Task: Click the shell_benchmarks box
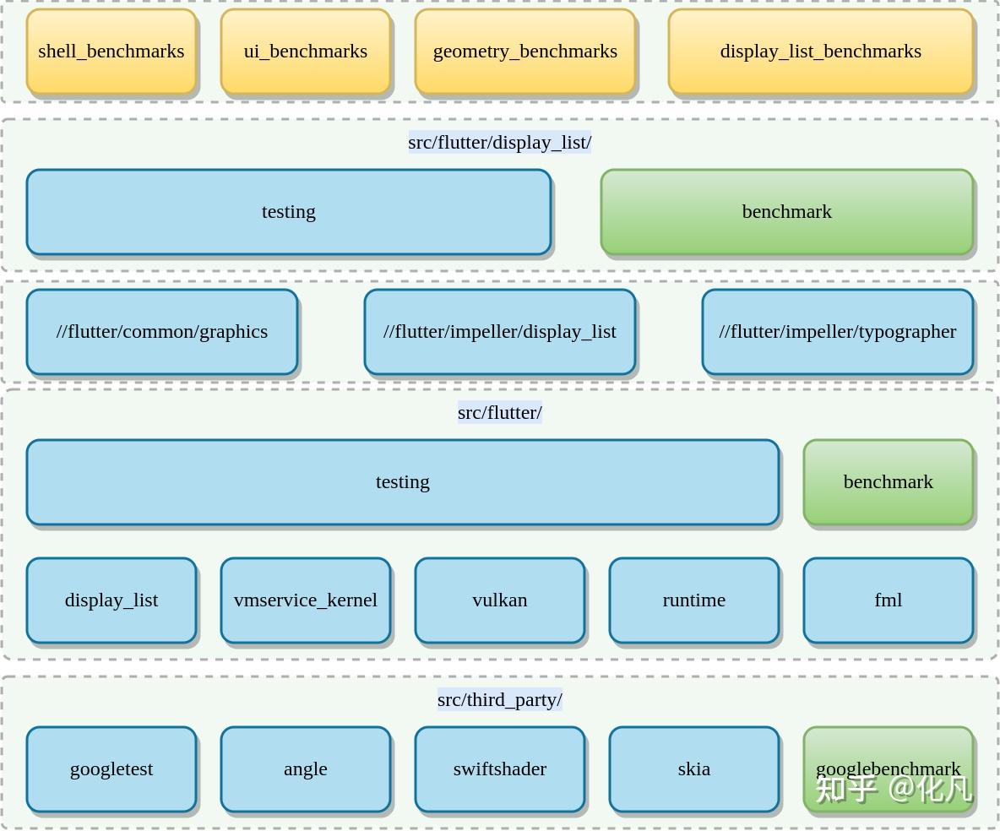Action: click(x=111, y=52)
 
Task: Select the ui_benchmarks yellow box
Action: click(x=306, y=52)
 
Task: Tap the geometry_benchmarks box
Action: click(x=525, y=52)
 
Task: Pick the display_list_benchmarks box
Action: click(x=821, y=52)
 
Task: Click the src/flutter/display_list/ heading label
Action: click(x=500, y=143)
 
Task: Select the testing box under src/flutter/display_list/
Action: click(x=289, y=212)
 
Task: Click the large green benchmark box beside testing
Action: click(x=787, y=212)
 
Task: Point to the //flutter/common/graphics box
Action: click(x=162, y=332)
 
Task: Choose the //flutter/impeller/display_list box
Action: click(x=500, y=332)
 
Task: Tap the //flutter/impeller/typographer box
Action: click(x=838, y=332)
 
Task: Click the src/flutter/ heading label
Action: click(x=500, y=413)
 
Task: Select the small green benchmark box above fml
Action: click(x=889, y=482)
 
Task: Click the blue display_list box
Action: click(x=111, y=600)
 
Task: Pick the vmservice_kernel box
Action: click(x=306, y=600)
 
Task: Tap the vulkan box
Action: click(x=500, y=600)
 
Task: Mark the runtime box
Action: click(x=694, y=600)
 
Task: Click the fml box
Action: click(x=889, y=600)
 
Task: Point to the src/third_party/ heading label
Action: click(x=500, y=700)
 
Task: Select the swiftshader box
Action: click(x=500, y=769)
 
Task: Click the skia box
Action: click(x=694, y=769)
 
